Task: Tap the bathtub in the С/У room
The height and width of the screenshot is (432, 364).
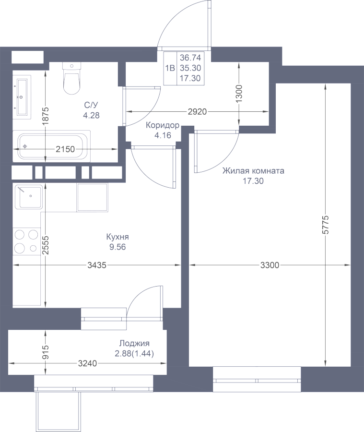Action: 53,146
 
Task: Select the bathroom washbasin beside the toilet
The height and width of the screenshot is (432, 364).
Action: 21,96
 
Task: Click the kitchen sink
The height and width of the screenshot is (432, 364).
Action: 29,196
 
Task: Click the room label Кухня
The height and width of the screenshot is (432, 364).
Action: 117,237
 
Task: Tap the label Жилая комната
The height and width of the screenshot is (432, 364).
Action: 253,170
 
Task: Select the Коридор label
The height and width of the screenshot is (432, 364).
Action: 163,126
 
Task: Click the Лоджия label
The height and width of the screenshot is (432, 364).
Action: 134,344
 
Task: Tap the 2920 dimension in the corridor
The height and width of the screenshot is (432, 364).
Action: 197,112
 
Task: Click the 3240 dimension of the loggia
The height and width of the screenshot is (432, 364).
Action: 87,363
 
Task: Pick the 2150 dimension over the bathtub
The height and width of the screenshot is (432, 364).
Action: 65,149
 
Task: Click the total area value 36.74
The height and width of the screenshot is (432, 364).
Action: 190,57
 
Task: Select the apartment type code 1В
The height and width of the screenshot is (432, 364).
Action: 170,68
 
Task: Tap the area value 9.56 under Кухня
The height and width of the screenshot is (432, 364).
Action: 117,247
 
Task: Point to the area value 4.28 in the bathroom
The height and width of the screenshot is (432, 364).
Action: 91,115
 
